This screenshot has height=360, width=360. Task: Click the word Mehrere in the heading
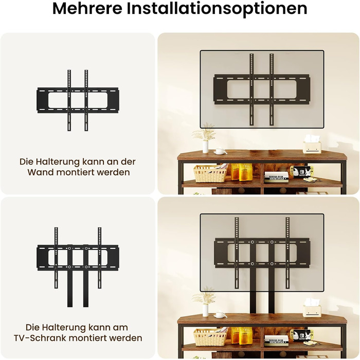tap(87, 9)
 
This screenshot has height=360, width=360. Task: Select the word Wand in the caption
tap(41, 172)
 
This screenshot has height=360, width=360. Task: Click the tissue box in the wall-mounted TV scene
tap(312, 145)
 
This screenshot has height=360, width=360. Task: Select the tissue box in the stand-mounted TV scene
tap(312, 308)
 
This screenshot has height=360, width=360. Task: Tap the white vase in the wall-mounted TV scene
tap(205, 147)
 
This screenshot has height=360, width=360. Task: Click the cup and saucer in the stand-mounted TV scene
tap(221, 315)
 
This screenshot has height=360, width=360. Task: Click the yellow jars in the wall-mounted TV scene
tap(240, 172)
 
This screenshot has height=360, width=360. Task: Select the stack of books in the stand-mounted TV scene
tap(276, 340)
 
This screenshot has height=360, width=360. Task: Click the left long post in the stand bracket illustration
tap(70, 276)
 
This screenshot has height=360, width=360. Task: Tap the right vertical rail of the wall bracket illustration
tap(86, 100)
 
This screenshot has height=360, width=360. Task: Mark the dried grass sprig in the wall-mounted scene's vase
tap(204, 132)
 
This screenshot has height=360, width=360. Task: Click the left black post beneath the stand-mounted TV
tap(253, 301)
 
